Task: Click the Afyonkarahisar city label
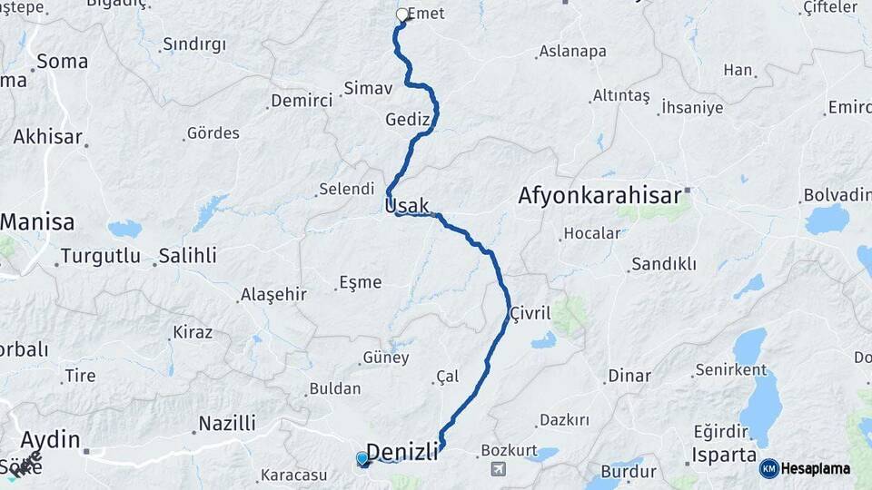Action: (599, 195)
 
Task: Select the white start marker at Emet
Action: (401, 15)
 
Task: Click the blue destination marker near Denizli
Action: (363, 459)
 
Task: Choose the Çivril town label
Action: (530, 313)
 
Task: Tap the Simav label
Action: (368, 89)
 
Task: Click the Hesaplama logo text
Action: (817, 469)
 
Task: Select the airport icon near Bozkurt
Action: (499, 469)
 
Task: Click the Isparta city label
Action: (724, 455)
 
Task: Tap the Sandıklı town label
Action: (663, 264)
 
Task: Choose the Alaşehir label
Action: (273, 295)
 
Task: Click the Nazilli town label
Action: (227, 423)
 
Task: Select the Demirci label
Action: (302, 101)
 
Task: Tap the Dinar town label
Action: (629, 376)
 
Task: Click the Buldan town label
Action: (335, 388)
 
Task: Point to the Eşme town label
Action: (360, 282)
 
